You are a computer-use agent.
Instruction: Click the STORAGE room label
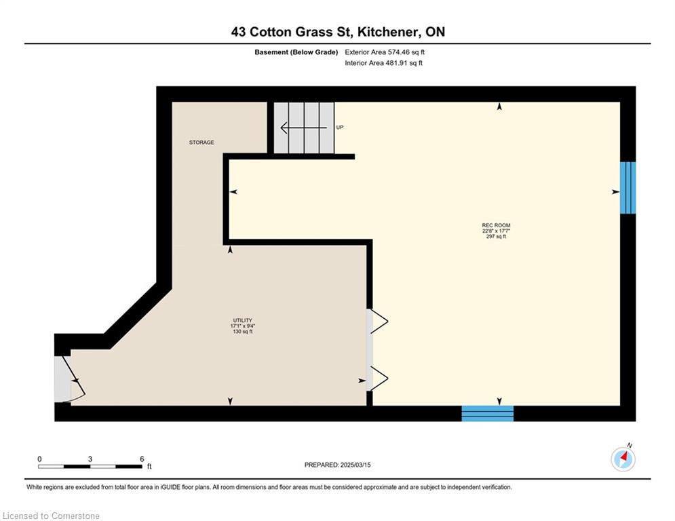pyautogui.click(x=201, y=142)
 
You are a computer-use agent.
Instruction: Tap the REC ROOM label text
pyautogui.click(x=496, y=225)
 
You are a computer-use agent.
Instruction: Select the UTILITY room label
pyautogui.click(x=242, y=320)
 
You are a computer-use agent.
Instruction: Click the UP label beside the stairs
pyautogui.click(x=340, y=128)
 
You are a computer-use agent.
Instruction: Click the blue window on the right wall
pyautogui.click(x=628, y=188)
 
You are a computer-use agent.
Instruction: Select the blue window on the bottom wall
pyautogui.click(x=488, y=413)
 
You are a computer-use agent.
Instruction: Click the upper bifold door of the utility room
pyautogui.click(x=379, y=321)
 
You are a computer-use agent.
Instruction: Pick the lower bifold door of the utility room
pyautogui.click(x=379, y=379)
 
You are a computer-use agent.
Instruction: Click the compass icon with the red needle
pyautogui.click(x=623, y=459)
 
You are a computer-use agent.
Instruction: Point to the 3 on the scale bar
pyautogui.click(x=90, y=459)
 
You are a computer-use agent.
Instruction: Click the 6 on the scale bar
pyautogui.click(x=142, y=459)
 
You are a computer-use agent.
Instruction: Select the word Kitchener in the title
pyautogui.click(x=387, y=32)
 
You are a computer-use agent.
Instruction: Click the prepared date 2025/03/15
pyautogui.click(x=355, y=465)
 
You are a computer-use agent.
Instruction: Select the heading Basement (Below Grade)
pyautogui.click(x=296, y=52)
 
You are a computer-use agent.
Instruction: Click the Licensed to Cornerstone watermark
pyautogui.click(x=51, y=516)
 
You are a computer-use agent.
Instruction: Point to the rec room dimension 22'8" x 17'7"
pyautogui.click(x=496, y=231)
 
